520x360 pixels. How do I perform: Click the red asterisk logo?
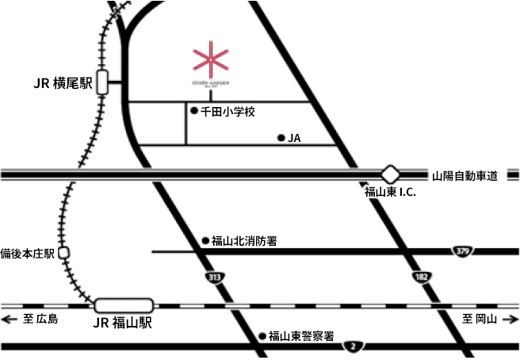coord(211,60)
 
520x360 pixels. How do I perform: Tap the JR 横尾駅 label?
coord(63,82)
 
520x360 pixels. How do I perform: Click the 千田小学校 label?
coord(227,112)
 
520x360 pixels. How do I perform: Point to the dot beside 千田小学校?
coord(193,111)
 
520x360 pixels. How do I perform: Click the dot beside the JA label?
coord(281,138)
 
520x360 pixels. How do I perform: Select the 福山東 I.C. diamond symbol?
coord(390,174)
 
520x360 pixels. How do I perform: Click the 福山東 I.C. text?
coord(390,193)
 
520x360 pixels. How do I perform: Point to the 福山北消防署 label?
coord(243,240)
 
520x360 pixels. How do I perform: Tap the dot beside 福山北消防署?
coord(205,240)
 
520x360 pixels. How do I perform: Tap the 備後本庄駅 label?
coord(28,253)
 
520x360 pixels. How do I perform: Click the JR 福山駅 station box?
coord(124,304)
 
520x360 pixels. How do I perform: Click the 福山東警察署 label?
coord(301,335)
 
